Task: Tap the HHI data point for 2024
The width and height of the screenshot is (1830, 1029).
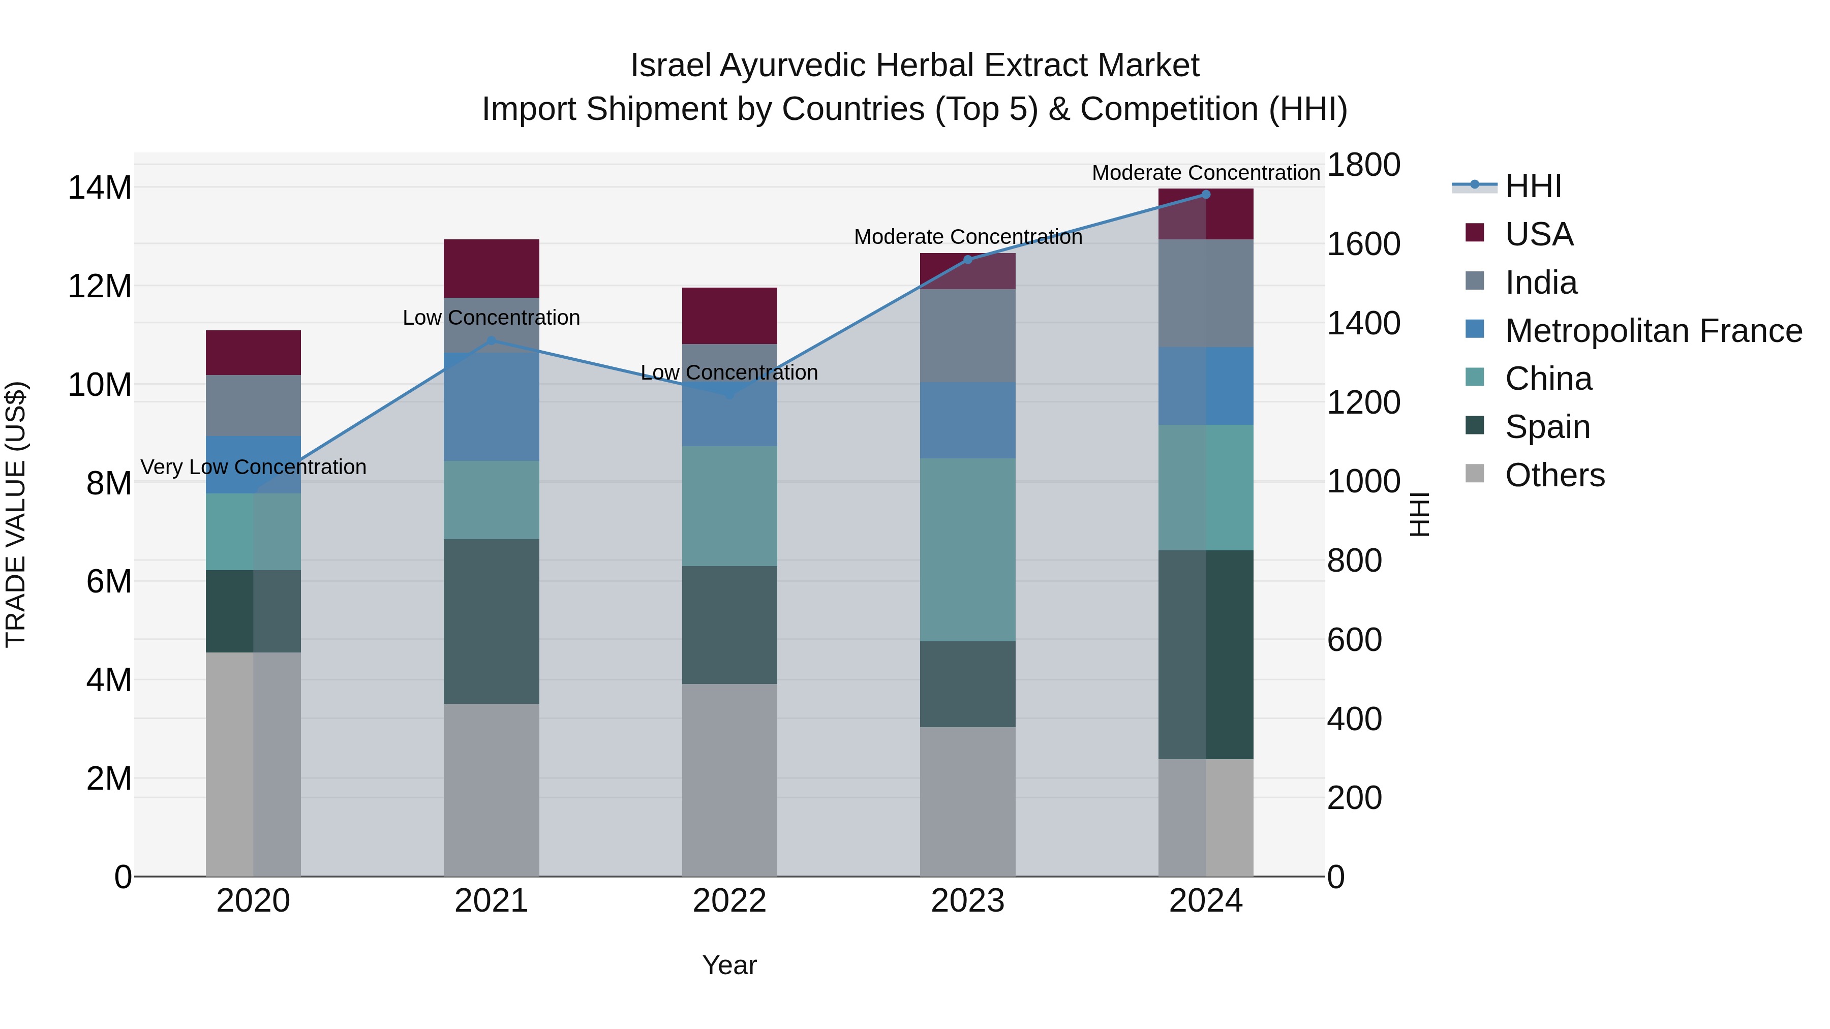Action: point(1206,194)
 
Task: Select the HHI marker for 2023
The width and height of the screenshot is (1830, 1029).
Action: point(967,260)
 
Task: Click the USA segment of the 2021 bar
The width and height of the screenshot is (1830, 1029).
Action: point(491,268)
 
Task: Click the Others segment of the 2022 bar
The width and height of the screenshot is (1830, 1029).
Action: point(729,779)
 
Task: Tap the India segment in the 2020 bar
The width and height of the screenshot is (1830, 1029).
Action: point(253,405)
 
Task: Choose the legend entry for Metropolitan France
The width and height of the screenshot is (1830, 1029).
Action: point(1653,331)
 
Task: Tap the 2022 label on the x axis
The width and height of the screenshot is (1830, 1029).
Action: point(729,901)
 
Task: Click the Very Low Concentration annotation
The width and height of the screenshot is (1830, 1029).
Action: point(253,467)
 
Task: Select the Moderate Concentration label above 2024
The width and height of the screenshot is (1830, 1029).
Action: point(1206,173)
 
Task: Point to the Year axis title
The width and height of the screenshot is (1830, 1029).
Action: point(729,965)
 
